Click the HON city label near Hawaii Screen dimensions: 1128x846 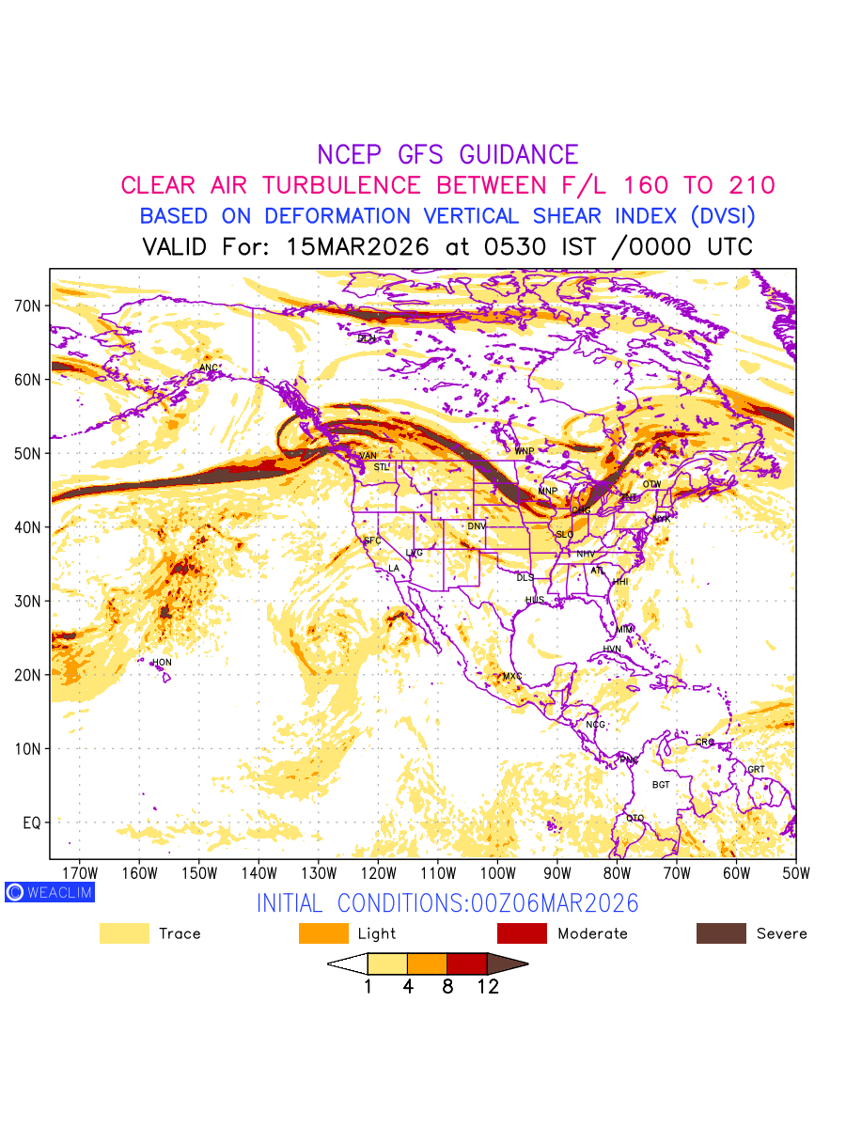[163, 663]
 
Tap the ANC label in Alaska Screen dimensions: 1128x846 [209, 368]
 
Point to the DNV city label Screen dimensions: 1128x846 [477, 526]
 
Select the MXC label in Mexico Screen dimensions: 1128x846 [512, 677]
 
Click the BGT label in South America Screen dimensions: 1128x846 [661, 785]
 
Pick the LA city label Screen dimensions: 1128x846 [394, 569]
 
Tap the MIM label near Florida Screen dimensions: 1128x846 [624, 629]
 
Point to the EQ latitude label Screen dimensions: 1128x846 [31, 822]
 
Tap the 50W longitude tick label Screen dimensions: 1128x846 [795, 871]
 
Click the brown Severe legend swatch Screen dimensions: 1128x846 [721, 933]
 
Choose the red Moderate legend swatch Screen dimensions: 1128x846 [522, 933]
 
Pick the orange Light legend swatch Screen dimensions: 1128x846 [322, 933]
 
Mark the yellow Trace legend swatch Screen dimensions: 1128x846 [124, 933]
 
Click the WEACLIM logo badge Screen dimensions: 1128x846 [50, 892]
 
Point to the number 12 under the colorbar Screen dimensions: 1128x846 [487, 987]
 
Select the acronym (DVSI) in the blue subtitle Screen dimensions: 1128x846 [720, 216]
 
